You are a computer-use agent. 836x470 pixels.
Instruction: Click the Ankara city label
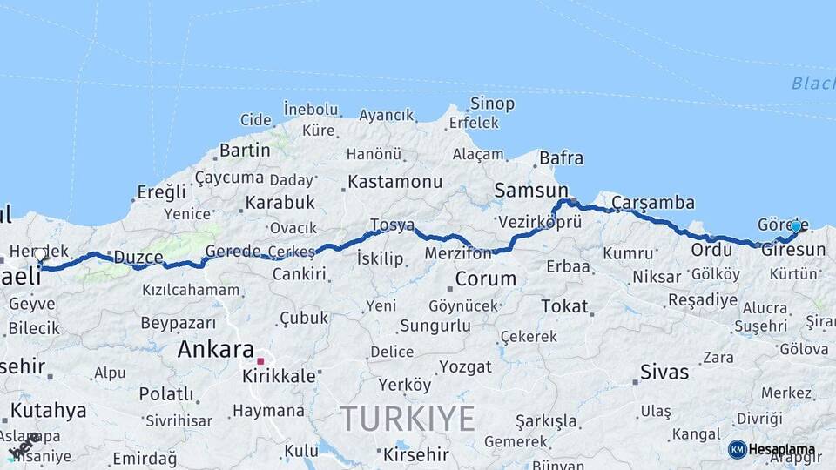point(216,349)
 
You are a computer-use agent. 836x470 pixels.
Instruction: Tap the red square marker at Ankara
point(260,361)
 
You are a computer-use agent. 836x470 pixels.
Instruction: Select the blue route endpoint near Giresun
point(795,226)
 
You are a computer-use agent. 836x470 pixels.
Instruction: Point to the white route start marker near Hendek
point(40,255)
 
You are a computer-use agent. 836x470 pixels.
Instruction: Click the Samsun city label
point(530,190)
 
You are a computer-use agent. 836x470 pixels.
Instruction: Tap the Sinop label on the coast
point(492,104)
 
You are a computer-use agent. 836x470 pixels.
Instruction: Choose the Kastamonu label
point(394,182)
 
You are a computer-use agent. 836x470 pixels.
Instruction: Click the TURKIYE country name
point(408,419)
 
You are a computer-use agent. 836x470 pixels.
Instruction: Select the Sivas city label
point(664,372)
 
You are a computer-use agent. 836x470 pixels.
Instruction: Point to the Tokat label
point(565,305)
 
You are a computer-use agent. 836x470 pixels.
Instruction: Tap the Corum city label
point(486,279)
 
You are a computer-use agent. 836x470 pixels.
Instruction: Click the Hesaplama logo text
point(782,450)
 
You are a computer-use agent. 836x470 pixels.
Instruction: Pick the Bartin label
point(245,150)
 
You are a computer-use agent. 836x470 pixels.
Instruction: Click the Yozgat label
point(465,366)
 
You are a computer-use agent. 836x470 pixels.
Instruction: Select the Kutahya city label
point(49,409)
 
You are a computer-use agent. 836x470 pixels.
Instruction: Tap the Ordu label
point(711,250)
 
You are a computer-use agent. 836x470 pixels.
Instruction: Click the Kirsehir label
point(415,454)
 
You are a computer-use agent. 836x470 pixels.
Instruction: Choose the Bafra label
point(561,158)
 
